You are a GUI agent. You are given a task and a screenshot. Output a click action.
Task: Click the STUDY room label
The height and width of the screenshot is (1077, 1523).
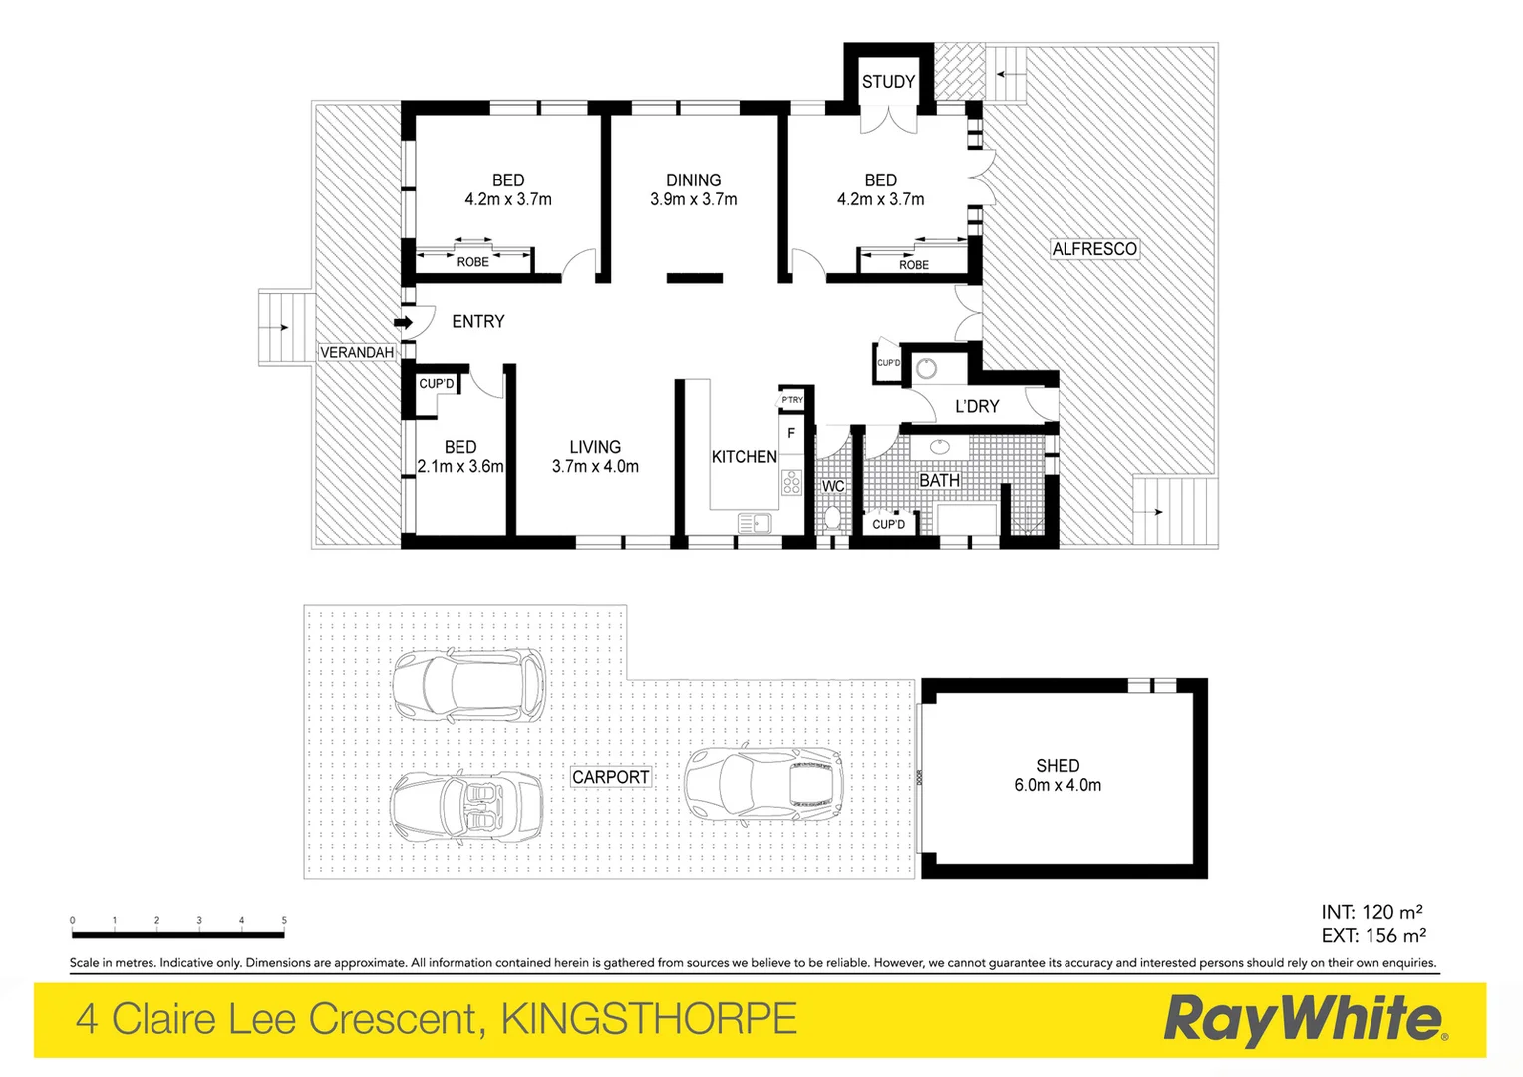[x=888, y=82]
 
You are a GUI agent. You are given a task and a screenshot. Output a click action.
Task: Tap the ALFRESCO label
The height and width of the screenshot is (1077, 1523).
[x=1094, y=249]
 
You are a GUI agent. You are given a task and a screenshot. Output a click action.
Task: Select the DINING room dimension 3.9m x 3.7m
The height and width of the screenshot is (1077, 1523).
[x=694, y=199]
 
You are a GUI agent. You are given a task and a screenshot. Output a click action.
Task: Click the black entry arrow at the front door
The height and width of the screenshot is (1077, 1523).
[x=404, y=322]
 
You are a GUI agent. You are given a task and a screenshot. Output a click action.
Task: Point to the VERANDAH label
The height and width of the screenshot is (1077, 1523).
[x=357, y=352]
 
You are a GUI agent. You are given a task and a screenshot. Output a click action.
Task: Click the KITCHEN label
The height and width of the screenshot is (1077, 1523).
[x=744, y=457]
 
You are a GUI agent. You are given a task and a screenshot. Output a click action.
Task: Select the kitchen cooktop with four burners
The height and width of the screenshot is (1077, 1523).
[x=791, y=483]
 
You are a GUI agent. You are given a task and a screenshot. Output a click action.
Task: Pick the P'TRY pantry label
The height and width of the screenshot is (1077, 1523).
[x=792, y=400]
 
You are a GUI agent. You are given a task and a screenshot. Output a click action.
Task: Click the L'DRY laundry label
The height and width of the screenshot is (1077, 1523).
[x=977, y=406]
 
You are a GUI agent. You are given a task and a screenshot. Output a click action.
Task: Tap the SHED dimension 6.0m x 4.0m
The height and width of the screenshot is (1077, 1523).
[x=1058, y=785]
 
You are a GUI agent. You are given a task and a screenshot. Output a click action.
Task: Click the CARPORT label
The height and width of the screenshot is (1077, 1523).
[x=610, y=777]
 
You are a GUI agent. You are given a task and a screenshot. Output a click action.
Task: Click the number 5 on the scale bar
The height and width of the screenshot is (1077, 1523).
[x=284, y=921]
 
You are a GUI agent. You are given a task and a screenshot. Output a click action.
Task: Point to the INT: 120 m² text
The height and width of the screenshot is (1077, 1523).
[x=1371, y=912]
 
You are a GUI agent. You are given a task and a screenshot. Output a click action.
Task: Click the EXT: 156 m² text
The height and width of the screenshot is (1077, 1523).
[x=1373, y=936]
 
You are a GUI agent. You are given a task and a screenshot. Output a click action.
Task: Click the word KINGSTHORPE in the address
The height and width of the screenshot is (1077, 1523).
[x=649, y=1020]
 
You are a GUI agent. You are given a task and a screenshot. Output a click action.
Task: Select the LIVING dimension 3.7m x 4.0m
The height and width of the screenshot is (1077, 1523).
[x=595, y=466]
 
